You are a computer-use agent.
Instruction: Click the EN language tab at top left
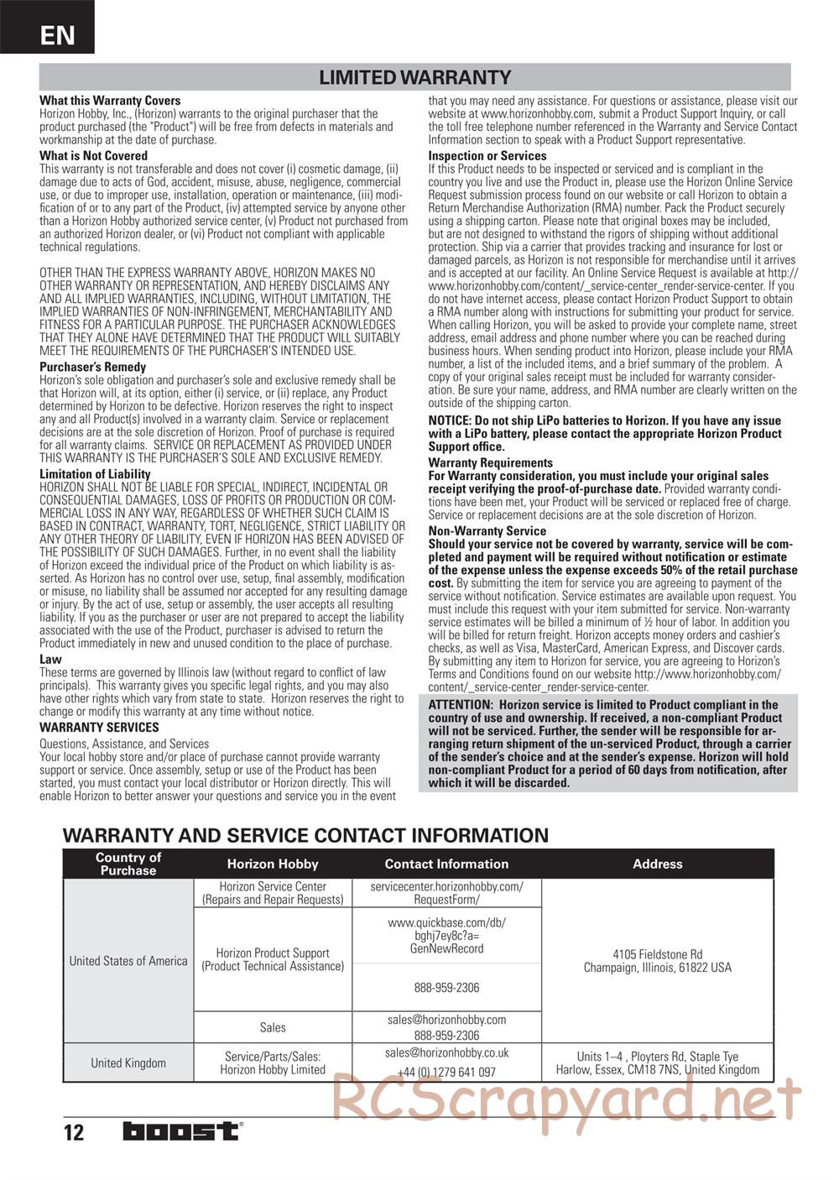pyautogui.click(x=56, y=35)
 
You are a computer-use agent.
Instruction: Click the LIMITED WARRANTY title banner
pyautogui.click(x=414, y=78)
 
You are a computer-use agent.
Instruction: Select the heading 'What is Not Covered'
pyautogui.click(x=93, y=156)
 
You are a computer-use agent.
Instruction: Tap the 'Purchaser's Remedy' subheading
pyautogui.click(x=92, y=367)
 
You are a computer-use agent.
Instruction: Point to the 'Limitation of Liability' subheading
pyautogui.click(x=95, y=474)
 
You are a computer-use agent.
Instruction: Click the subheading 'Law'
pyautogui.click(x=50, y=659)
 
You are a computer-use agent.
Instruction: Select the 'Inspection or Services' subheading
pyautogui.click(x=487, y=156)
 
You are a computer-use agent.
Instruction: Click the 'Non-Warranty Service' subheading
pyautogui.click(x=487, y=530)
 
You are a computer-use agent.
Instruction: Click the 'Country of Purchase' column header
pyautogui.click(x=128, y=864)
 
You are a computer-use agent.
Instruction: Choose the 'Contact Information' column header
pyautogui.click(x=446, y=864)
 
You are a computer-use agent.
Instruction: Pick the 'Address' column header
pyautogui.click(x=658, y=864)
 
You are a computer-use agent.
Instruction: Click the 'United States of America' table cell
pyautogui.click(x=128, y=961)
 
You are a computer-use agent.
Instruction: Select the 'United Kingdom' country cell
pyautogui.click(x=128, y=1063)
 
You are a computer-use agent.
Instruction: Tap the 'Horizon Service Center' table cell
pyautogui.click(x=273, y=886)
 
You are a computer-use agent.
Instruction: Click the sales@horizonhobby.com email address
pyautogui.click(x=446, y=1020)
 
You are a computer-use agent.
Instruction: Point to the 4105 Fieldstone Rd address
pyautogui.click(x=658, y=954)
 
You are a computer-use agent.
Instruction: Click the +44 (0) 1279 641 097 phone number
pyautogui.click(x=446, y=1072)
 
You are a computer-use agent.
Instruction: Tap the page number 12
pyautogui.click(x=74, y=1133)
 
